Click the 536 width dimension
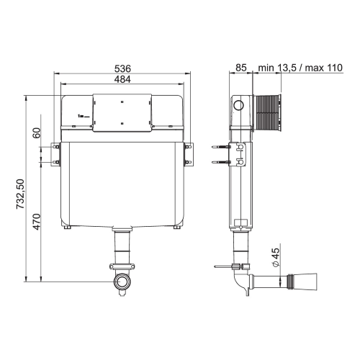(122, 69)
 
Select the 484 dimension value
(122, 79)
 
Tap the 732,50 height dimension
(20, 194)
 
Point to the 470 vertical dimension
(37, 222)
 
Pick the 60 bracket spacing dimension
(37, 132)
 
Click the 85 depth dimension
(241, 68)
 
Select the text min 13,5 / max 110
(300, 68)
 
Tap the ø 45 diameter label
(276, 257)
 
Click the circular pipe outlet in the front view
(123, 282)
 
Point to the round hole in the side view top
(238, 105)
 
